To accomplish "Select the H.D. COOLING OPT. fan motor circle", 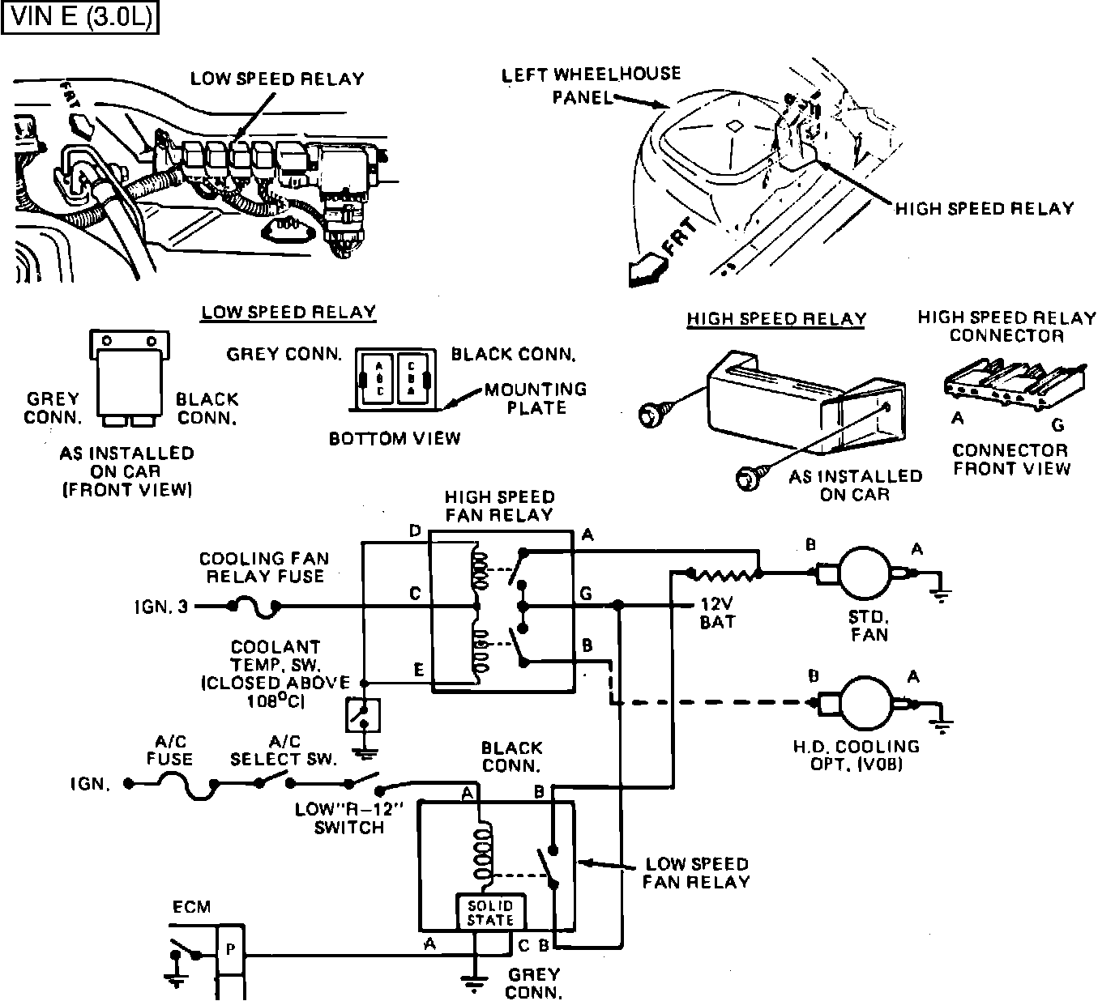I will pos(864,702).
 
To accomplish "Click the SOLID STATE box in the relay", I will pos(490,913).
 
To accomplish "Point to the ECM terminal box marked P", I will pos(229,950).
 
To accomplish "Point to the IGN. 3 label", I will pos(160,606).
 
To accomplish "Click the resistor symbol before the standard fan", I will pos(724,574).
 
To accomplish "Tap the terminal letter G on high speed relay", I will pos(586,594).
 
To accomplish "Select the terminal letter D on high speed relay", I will pos(415,531).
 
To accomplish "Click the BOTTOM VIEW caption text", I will pos(394,439).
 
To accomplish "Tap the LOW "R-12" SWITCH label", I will pos(349,818).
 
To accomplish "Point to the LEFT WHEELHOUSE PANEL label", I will pos(591,85).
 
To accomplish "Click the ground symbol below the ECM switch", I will pos(173,980).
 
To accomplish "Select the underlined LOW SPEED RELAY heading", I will pos(288,313).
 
